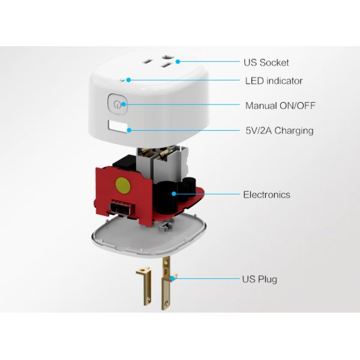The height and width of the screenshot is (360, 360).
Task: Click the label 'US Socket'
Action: [266, 62]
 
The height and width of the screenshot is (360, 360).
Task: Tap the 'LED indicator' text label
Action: [274, 81]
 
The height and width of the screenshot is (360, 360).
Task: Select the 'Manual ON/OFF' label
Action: [280, 106]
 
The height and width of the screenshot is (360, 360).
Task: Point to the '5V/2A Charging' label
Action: [280, 130]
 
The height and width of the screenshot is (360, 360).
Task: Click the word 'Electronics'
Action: [266, 194]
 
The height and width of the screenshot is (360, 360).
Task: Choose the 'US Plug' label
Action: [259, 279]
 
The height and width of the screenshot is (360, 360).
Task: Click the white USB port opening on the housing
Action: [118, 127]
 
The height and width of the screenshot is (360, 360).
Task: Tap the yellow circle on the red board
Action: [123, 185]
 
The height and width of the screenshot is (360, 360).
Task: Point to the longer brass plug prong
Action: [167, 283]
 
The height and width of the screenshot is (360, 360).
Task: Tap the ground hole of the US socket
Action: [167, 57]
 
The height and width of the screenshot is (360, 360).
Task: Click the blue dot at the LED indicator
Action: [128, 80]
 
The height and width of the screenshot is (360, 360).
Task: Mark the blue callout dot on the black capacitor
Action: [174, 194]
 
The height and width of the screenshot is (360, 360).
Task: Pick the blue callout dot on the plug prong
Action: [172, 279]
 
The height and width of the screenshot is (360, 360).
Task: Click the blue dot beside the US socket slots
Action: [178, 62]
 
